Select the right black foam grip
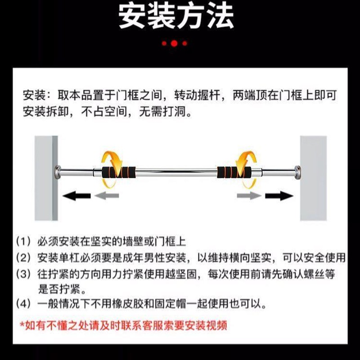pos(234,171)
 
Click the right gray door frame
pos(313,178)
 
